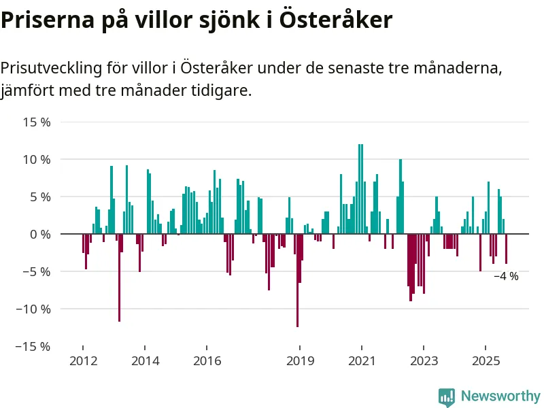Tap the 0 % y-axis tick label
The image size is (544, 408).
[39, 234]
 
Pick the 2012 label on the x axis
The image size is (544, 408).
[83, 361]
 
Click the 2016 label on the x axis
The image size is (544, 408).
[207, 361]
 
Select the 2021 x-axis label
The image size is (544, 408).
[362, 361]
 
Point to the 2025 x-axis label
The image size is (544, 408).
[486, 361]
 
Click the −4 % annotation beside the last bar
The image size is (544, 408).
[506, 276]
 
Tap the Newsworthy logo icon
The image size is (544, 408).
[447, 396]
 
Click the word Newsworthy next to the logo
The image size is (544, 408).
[500, 396]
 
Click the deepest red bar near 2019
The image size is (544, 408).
[297, 280]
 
